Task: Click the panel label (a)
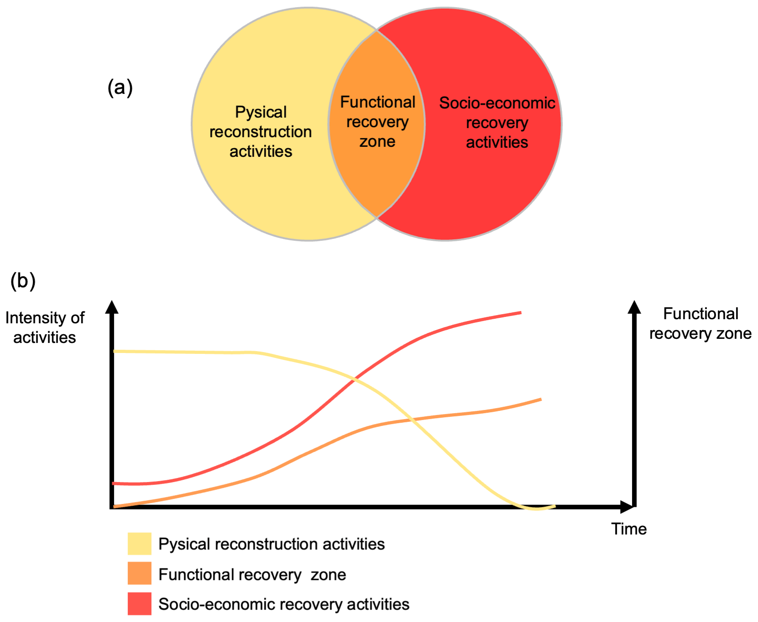tap(120, 87)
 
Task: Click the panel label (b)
tap(23, 281)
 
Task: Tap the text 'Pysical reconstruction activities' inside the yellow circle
tap(260, 132)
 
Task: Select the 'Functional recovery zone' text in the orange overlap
tap(377, 122)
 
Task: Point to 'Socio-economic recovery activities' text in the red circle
tap(497, 123)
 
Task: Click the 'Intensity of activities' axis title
tap(45, 327)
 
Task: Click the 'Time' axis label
tap(628, 529)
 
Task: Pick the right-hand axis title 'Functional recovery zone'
tap(700, 324)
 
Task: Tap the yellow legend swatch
tap(139, 544)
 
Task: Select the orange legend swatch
tap(139, 573)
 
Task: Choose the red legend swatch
tap(139, 604)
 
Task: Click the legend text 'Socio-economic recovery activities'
tap(284, 604)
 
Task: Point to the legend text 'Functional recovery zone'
tap(252, 575)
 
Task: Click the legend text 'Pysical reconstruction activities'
tap(271, 544)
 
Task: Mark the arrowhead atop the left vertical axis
tap(112, 307)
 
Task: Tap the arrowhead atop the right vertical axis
tap(634, 307)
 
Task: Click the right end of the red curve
tap(520, 312)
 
